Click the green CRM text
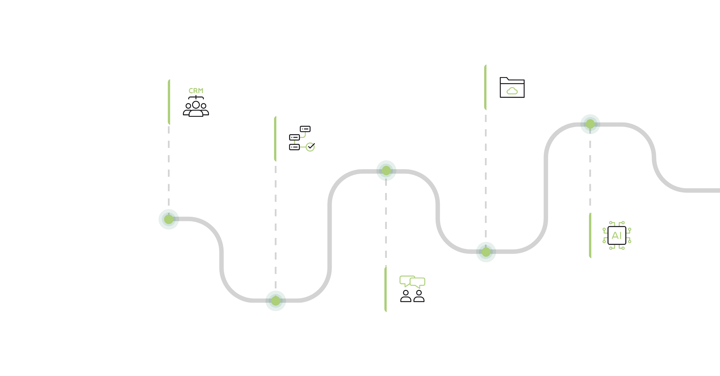point(196,91)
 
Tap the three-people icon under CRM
point(196,108)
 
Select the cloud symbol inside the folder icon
point(512,91)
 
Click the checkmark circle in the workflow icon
point(310,147)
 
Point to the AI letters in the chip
point(617,236)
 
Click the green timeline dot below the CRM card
point(168,219)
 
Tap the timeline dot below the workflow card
point(275,301)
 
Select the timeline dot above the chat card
point(386,170)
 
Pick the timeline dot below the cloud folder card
point(486,252)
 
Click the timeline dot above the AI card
point(590,124)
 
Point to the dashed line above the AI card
point(590,173)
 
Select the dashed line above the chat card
point(386,224)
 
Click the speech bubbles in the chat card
point(412,282)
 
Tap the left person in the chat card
point(405,296)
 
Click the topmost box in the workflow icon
point(305,129)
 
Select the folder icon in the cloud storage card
point(512,87)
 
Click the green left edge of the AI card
point(590,235)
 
